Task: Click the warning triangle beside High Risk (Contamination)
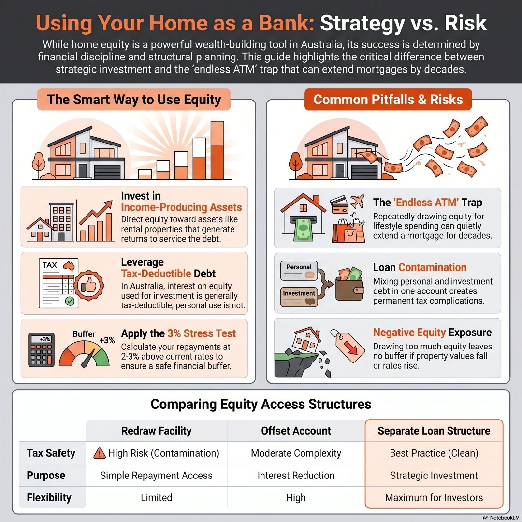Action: [x=100, y=453]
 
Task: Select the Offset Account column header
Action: [x=296, y=431]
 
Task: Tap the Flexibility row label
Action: [x=49, y=498]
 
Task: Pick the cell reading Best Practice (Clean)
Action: [x=434, y=453]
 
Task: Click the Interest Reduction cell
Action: [x=296, y=476]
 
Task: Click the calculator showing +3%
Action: [x=41, y=350]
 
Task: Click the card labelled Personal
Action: [x=299, y=271]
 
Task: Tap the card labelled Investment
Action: [x=299, y=297]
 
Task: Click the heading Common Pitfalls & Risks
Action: [x=388, y=100]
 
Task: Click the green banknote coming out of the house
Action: [x=303, y=229]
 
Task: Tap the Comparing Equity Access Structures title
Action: [x=261, y=404]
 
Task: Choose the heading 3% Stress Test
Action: [x=202, y=333]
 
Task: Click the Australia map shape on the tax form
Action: [x=69, y=266]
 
